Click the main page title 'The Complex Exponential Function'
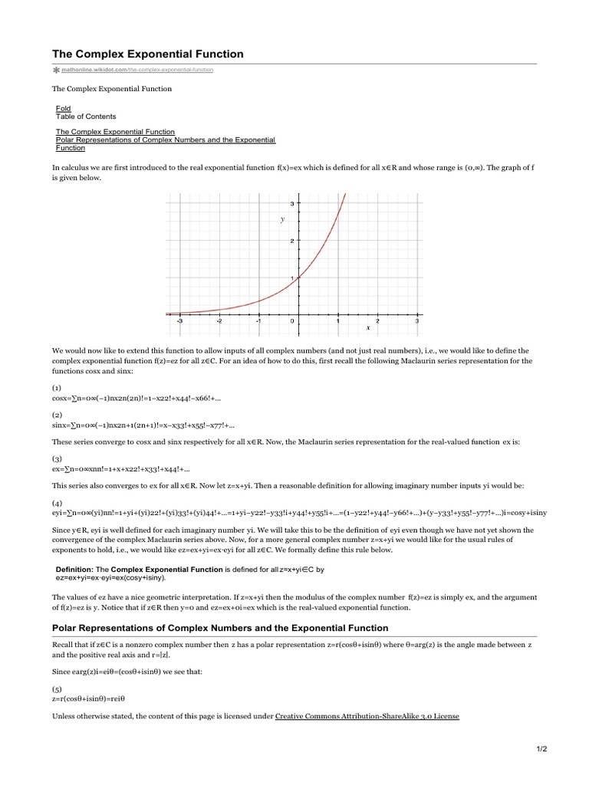(147, 54)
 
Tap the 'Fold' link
(63, 109)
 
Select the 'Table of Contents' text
(86, 117)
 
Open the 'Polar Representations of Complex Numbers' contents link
(165, 140)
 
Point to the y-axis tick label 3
(291, 203)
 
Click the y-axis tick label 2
(291, 241)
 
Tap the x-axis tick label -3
(179, 322)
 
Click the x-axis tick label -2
(219, 322)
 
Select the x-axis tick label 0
(291, 322)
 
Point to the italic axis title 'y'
(282, 219)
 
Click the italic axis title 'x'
(368, 327)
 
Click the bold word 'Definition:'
(74, 570)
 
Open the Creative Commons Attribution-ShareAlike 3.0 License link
(367, 717)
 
